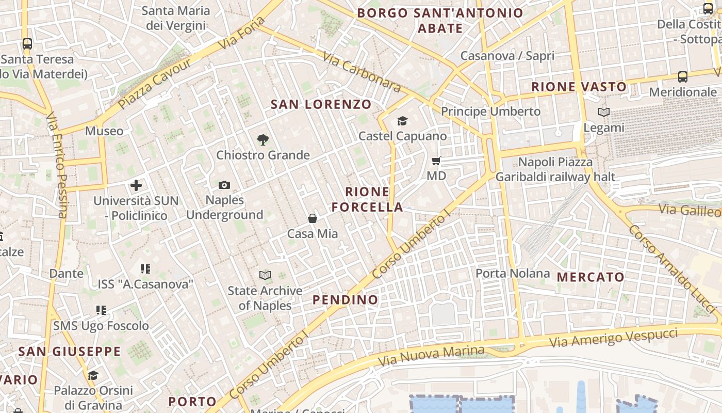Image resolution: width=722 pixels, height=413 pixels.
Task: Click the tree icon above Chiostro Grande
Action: (x=263, y=139)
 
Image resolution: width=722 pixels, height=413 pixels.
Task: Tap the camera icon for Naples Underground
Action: (x=224, y=185)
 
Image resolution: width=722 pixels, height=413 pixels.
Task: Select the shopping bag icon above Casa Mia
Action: (x=313, y=218)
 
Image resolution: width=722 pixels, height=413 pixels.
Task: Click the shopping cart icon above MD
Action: (x=436, y=161)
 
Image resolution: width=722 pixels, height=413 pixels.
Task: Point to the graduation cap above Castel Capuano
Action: (x=402, y=121)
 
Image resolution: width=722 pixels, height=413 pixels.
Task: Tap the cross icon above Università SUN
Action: (x=136, y=185)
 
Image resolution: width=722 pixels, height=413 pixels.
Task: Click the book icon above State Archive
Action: (x=265, y=276)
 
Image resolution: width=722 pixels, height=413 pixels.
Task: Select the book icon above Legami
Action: (x=604, y=112)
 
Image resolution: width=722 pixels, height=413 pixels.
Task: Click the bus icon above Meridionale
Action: (x=683, y=77)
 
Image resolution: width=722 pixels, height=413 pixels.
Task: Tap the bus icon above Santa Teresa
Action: (x=27, y=44)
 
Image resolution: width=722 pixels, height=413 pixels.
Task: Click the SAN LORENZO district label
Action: (x=321, y=104)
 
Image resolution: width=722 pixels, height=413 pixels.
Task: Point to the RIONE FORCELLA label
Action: (x=367, y=200)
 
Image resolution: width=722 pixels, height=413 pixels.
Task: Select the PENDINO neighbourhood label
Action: (x=346, y=300)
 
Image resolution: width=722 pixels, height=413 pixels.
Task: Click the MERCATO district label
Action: (x=590, y=277)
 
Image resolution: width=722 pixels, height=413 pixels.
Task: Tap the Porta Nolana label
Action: (x=512, y=273)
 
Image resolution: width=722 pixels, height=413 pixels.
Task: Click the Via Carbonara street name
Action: (x=362, y=73)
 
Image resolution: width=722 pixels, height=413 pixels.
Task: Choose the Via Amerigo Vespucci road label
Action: (x=613, y=338)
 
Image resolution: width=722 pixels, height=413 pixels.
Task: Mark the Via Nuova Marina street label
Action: (x=431, y=355)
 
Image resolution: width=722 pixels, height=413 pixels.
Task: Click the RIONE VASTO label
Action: (x=579, y=87)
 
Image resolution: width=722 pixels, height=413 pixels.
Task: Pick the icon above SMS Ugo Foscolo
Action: (x=101, y=310)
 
